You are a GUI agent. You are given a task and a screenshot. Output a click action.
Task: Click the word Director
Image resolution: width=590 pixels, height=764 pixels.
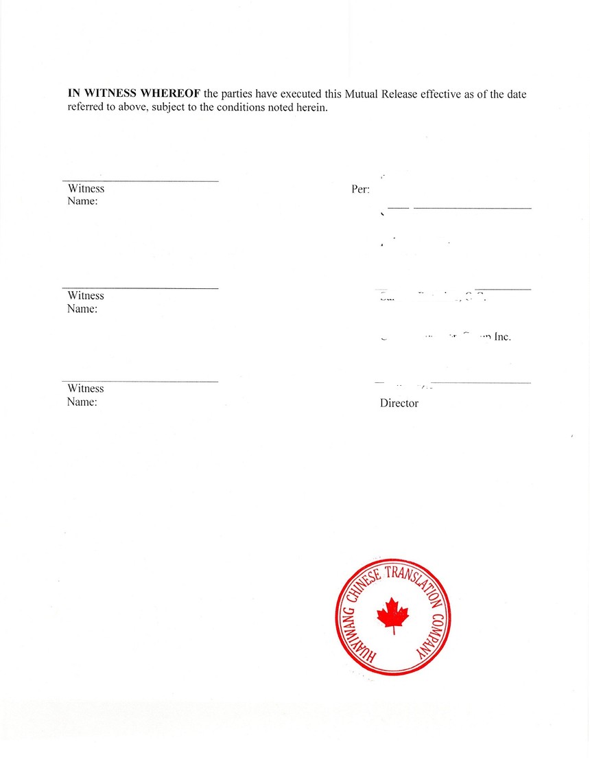[x=399, y=404]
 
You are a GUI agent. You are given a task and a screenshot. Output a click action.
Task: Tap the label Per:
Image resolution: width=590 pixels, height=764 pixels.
[x=360, y=189]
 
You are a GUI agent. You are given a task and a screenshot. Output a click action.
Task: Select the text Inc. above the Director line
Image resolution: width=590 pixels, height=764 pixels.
[x=502, y=337]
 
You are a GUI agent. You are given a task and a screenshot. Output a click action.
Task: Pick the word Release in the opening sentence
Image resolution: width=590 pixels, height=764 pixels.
[x=401, y=94]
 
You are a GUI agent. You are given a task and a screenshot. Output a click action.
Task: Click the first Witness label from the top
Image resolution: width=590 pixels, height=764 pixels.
[x=86, y=189]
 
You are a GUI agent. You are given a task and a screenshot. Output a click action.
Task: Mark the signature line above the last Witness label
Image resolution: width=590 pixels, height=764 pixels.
[x=140, y=381]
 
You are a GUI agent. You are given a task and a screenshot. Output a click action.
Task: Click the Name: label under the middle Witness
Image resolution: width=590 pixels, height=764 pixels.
[x=82, y=309]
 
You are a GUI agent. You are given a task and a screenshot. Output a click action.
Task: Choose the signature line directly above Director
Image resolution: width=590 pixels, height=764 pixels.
[x=480, y=382]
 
